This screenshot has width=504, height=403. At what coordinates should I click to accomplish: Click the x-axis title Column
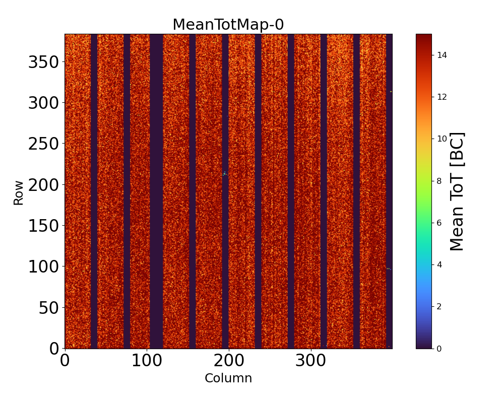[228, 378]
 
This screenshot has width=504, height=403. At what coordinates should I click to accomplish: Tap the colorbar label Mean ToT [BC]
[457, 191]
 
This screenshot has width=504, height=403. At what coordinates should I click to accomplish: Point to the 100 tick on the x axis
[147, 362]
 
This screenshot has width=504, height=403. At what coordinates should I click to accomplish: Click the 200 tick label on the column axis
[229, 362]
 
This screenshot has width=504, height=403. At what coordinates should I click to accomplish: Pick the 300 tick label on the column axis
[311, 362]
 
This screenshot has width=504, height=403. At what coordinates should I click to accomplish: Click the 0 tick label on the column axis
[65, 362]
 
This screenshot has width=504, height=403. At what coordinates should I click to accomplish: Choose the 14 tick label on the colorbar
[442, 55]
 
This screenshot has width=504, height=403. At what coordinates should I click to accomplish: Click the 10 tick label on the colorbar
[442, 139]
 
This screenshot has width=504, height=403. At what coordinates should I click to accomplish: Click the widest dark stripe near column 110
[156, 191]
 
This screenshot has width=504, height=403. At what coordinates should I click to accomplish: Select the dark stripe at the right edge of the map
[389, 191]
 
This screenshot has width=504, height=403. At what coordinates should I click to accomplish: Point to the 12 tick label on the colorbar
[442, 97]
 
